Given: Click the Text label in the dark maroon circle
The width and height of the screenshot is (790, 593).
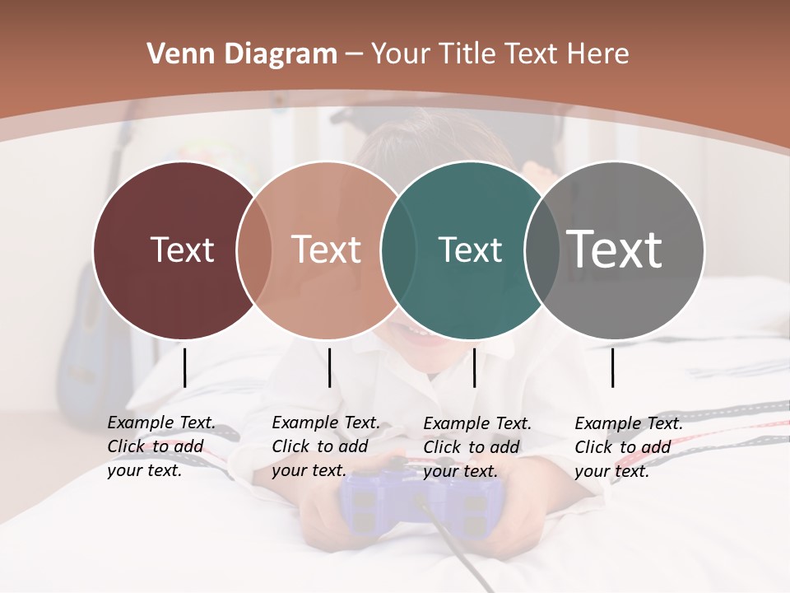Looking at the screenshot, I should (182, 250).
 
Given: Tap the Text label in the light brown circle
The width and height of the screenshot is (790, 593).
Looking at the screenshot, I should (327, 250).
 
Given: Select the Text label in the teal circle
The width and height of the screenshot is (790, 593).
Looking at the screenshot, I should (470, 250).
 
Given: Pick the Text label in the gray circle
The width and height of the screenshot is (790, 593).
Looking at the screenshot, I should (615, 249).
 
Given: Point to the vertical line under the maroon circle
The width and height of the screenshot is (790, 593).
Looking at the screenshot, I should (184, 367).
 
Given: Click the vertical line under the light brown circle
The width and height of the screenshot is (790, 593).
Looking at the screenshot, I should (329, 367).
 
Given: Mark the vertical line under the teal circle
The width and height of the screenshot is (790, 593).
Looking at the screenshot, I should (474, 367).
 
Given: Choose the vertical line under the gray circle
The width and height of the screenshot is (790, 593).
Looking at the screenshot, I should (612, 367).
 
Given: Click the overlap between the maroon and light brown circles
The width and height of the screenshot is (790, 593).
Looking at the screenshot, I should (254, 250).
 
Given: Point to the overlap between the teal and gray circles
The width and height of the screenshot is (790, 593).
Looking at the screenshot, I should (541, 250).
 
